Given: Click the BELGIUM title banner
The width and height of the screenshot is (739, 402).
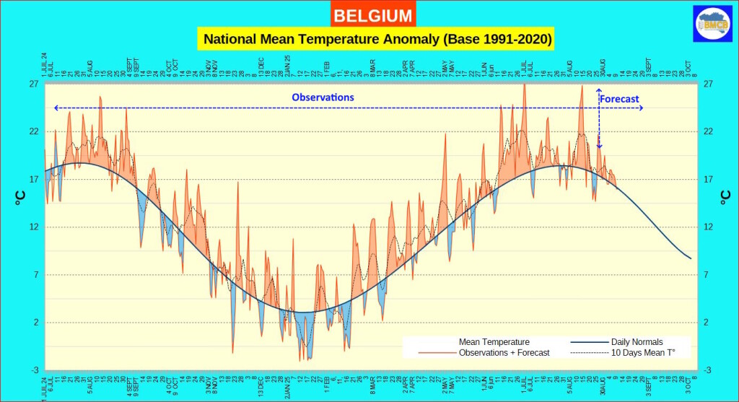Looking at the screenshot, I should [374, 15].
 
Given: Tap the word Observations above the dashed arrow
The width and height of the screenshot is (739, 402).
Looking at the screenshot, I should [323, 97].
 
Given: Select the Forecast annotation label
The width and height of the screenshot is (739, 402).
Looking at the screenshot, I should [619, 99].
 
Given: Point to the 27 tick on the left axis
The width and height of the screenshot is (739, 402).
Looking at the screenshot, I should [33, 84].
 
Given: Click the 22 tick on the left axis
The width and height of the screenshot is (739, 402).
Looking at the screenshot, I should [33, 131].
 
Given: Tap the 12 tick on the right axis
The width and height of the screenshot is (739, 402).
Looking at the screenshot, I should [709, 227].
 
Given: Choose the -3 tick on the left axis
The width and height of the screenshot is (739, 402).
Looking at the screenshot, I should [33, 370].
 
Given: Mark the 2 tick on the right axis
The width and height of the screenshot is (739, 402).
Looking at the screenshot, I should [707, 322].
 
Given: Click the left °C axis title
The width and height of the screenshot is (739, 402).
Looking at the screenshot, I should [19, 197].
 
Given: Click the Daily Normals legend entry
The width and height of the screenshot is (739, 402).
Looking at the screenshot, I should [637, 341].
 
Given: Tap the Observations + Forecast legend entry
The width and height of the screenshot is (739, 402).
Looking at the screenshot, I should [504, 352].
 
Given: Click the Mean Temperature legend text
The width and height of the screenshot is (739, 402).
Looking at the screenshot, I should [494, 341].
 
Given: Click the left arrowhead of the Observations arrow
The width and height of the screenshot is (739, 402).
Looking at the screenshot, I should [55, 108].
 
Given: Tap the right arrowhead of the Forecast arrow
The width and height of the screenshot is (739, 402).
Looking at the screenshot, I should [641, 108].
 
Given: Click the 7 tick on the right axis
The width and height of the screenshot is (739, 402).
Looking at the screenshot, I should [707, 274].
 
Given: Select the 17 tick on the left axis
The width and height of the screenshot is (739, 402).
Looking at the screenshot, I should [33, 179].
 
